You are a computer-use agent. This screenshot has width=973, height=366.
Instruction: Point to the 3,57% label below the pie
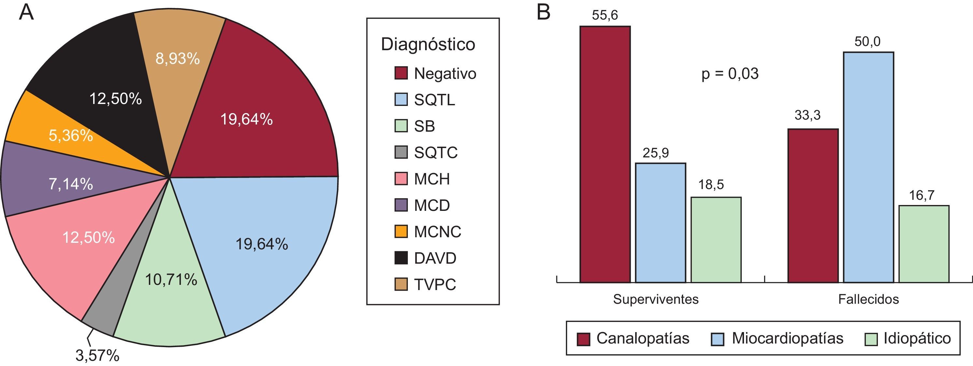[x=97, y=356]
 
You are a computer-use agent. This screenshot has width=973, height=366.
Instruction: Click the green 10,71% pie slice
[x=171, y=295]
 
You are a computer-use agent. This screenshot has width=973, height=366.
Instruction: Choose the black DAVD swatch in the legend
[x=401, y=258]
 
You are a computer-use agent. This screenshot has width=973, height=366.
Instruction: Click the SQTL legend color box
[x=401, y=99]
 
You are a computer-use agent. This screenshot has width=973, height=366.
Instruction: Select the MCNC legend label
[x=437, y=232]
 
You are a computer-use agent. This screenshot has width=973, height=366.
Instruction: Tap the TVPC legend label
[x=435, y=284]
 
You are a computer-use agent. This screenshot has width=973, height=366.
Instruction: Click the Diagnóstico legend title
[x=428, y=44]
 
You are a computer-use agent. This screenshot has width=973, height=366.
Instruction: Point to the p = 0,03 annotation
[x=730, y=73]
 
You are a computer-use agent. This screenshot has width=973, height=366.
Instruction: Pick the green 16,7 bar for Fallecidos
[x=924, y=244]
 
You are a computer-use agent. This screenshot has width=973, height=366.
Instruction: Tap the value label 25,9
[x=656, y=153]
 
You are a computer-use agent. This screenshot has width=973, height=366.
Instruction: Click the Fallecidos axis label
[x=868, y=299]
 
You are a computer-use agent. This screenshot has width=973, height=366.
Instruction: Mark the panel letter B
[x=544, y=12]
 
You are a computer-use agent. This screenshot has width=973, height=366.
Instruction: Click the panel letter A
[x=26, y=12]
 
